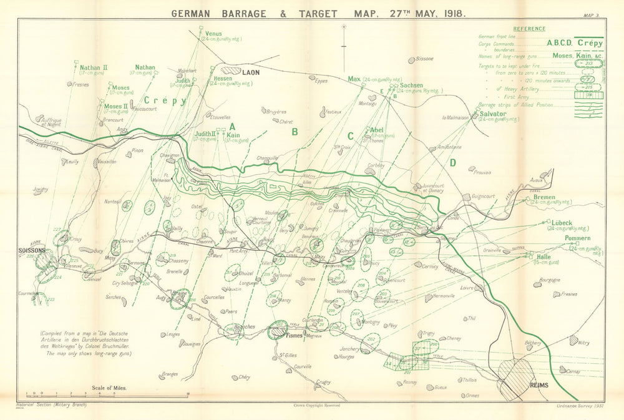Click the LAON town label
coord(251,72)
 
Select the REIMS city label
coord(538,385)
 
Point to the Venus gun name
coord(213,34)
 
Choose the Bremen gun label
coord(544,197)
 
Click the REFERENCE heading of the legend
coord(529,29)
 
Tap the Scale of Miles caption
coord(109,388)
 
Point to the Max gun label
coord(355,79)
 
